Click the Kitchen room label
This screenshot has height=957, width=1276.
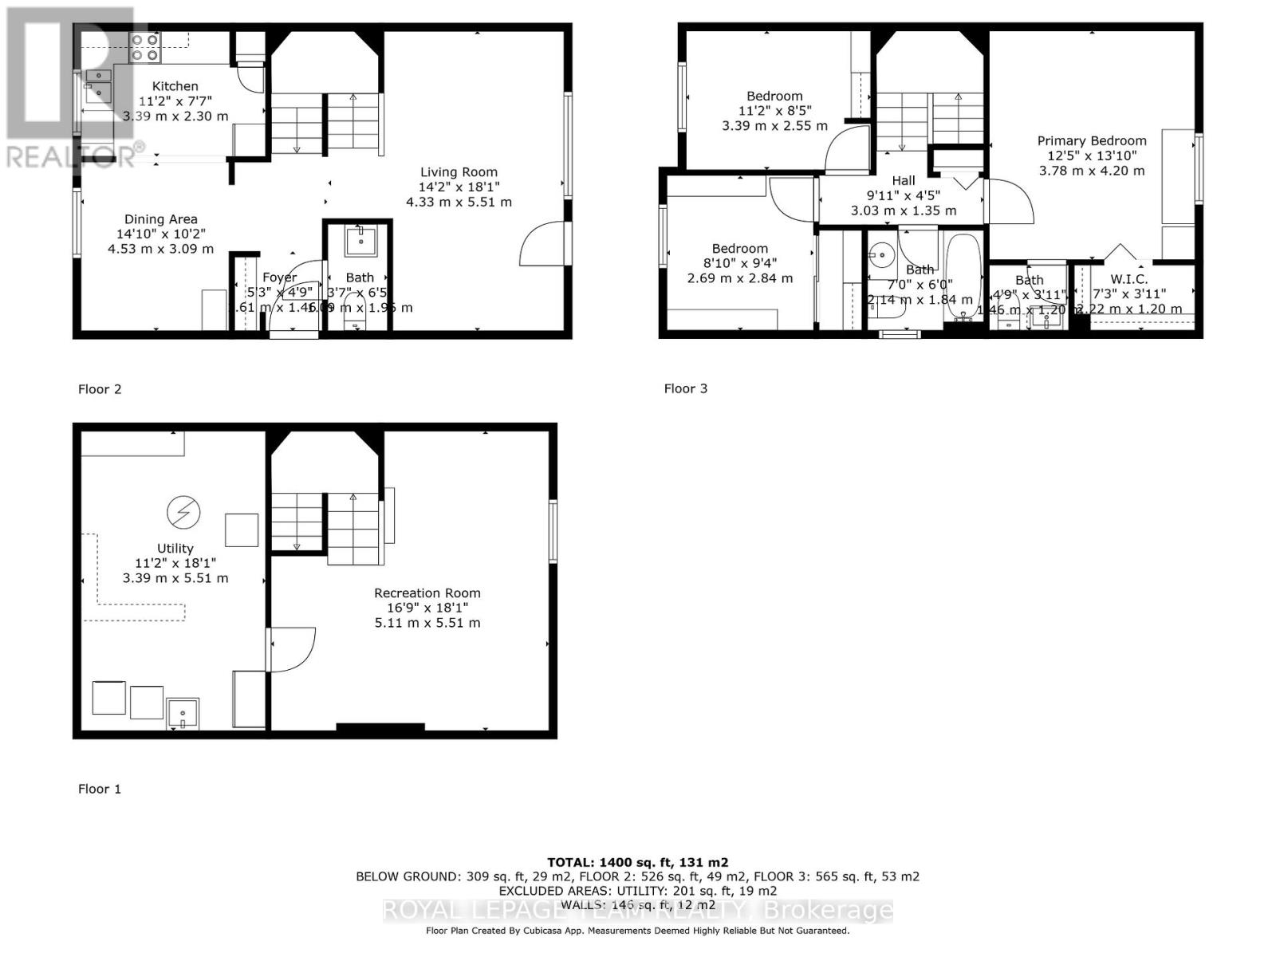(175, 86)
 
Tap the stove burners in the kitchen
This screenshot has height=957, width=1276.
(145, 48)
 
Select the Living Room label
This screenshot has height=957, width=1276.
(459, 171)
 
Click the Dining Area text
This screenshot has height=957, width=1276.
(160, 219)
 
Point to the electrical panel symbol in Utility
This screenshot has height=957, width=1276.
(183, 512)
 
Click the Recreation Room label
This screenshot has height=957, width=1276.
(427, 593)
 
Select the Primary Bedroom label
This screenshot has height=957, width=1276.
(1091, 141)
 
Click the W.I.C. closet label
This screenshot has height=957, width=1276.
(1128, 279)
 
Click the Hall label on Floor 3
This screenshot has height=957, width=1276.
(904, 181)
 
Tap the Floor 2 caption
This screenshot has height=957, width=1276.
(100, 389)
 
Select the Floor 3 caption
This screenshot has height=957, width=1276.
(686, 388)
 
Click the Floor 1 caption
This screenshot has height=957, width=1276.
(100, 789)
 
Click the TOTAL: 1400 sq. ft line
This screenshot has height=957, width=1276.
(637, 862)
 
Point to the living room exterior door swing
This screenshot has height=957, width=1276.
(542, 246)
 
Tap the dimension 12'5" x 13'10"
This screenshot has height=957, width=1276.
(1091, 156)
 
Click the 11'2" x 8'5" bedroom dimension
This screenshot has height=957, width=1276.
(774, 111)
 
